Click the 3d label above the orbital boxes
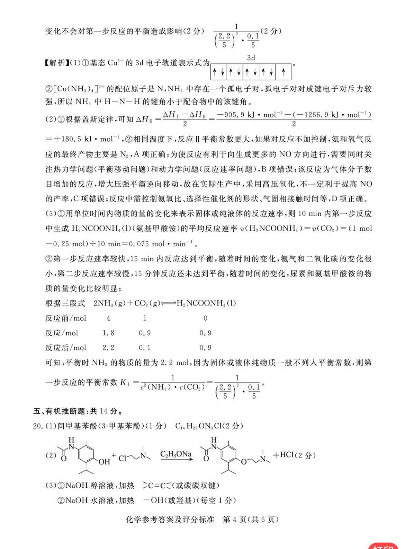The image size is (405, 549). click(x=251, y=58)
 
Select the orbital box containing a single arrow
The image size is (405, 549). click(x=283, y=72)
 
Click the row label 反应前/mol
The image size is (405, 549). click(x=66, y=318)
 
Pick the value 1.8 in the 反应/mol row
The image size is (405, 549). click(x=108, y=333)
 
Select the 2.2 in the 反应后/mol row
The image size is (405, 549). click(x=108, y=347)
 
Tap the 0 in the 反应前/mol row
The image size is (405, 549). click(x=205, y=318)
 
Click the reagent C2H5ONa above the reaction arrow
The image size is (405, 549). click(x=176, y=454)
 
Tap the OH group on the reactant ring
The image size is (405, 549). click(x=104, y=462)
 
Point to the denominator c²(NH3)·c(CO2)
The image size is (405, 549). click(x=172, y=387)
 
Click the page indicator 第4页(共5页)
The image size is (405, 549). click(x=251, y=519)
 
